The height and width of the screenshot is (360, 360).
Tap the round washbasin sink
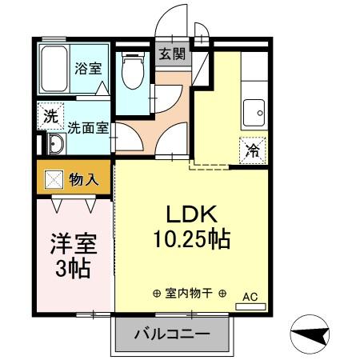(56, 144)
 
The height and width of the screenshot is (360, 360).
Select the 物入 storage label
(83, 179)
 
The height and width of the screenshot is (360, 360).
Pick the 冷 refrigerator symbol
(251, 149)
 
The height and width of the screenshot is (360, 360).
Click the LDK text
(192, 215)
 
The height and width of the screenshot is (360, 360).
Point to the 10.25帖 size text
(192, 239)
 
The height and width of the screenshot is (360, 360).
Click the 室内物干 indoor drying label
(189, 294)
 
